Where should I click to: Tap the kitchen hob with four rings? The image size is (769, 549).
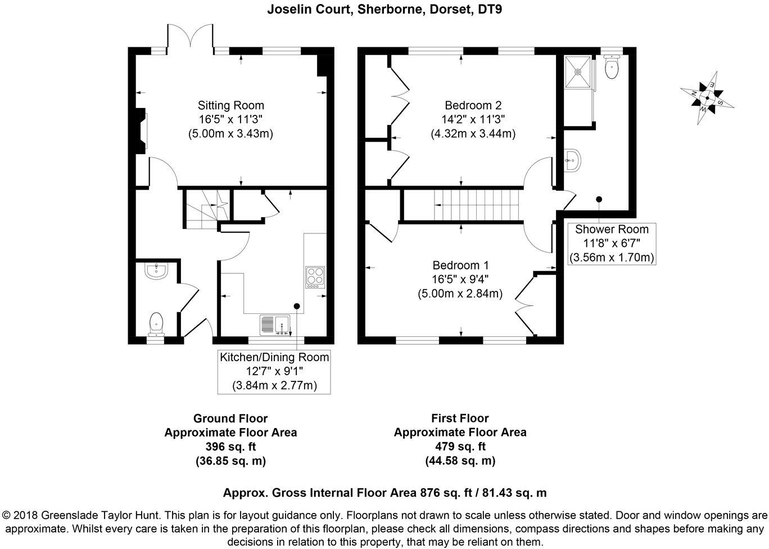[315, 277]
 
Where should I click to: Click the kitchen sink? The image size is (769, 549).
[274, 325]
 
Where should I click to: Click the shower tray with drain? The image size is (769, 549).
[576, 71]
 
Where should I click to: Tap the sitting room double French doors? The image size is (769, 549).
[190, 38]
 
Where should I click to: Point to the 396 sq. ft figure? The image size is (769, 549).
[230, 447]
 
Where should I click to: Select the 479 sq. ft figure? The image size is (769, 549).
[460, 447]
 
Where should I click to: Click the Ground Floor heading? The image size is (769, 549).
[230, 418]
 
